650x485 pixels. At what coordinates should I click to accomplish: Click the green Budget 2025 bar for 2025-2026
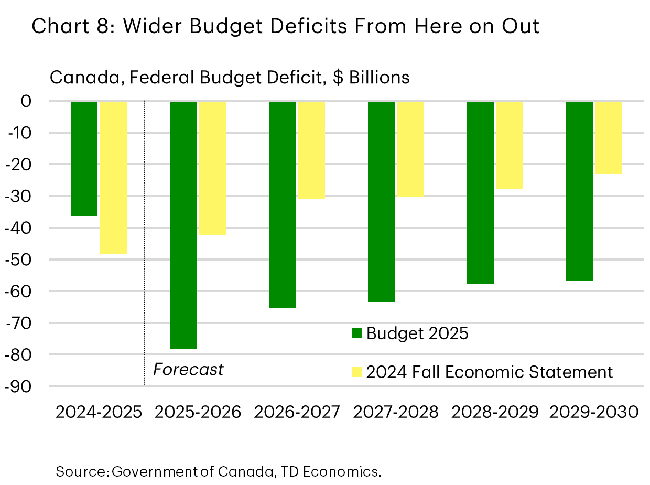coord(183,225)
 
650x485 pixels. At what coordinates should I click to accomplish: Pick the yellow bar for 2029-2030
coord(609,137)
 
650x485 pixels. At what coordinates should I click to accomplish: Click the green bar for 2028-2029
coord(480,192)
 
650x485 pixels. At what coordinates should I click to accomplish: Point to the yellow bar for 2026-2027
coord(311,150)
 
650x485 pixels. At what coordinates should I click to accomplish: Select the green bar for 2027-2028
coord(381,201)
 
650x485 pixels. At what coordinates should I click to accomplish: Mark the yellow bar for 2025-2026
coord(212,168)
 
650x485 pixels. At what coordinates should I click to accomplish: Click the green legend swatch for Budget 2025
coord(356,333)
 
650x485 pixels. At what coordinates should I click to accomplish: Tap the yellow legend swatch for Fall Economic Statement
coord(356,372)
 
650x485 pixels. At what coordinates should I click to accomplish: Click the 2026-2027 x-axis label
coord(297,412)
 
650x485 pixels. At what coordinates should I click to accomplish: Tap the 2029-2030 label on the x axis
coord(594,412)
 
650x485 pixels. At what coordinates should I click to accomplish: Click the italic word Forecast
coord(188,370)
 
